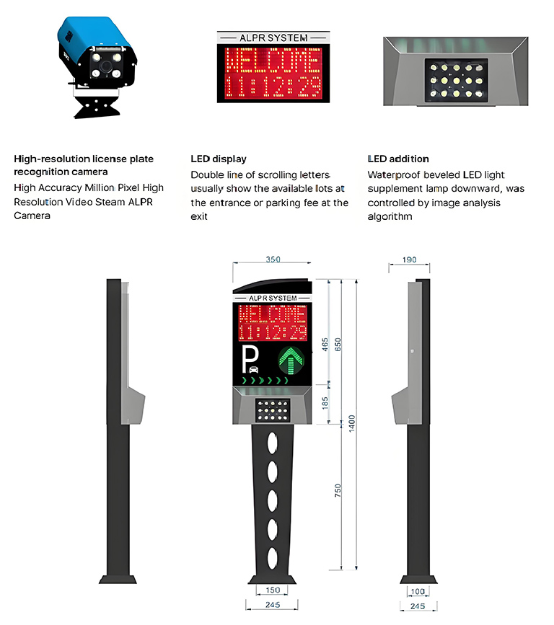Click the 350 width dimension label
click(273, 260)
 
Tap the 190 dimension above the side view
click(409, 260)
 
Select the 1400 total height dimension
click(351, 423)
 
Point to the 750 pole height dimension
click(338, 490)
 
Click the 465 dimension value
click(325, 345)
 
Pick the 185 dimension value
click(325, 402)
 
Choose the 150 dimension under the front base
click(273, 590)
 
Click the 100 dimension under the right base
click(418, 591)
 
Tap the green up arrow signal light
click(291, 360)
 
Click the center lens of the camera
click(106, 66)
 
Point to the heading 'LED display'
click(219, 159)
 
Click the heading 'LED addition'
click(398, 159)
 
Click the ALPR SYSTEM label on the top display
click(273, 38)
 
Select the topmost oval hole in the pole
click(273, 443)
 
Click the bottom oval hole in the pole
click(273, 558)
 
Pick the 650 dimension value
click(338, 345)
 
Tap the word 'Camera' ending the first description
click(32, 216)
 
